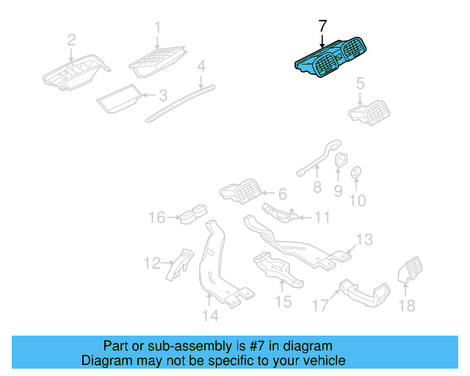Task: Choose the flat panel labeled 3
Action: [120, 97]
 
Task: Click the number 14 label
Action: [210, 317]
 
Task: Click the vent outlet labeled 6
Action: [239, 195]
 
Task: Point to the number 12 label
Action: [152, 262]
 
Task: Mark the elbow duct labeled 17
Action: [364, 291]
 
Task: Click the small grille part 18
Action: [408, 274]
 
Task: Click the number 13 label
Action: [365, 239]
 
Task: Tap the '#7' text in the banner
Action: [250, 345]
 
